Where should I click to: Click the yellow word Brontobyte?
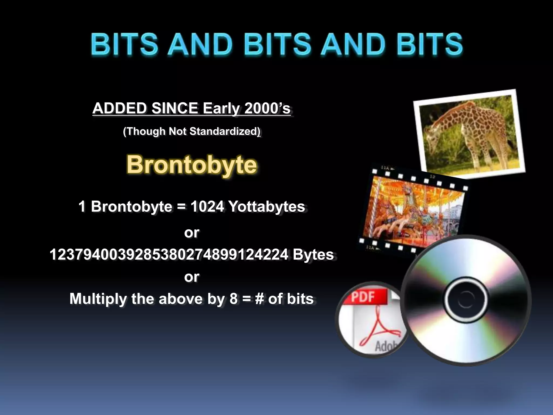tap(192, 164)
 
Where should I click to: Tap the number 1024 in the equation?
tap(207, 207)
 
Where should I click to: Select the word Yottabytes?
tap(267, 207)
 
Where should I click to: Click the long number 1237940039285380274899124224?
tap(169, 255)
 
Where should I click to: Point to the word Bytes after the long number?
tap(313, 255)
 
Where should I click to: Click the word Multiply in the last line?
tap(98, 299)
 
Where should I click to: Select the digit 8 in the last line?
tap(234, 299)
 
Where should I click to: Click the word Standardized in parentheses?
tap(224, 131)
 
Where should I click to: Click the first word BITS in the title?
tap(124, 44)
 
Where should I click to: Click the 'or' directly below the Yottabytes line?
tap(192, 232)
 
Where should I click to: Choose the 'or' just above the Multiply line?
tap(192, 277)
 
